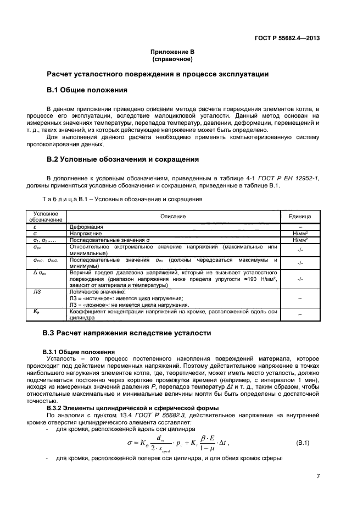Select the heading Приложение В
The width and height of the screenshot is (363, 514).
coord(174,52)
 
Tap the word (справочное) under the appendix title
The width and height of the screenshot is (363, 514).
coord(174,58)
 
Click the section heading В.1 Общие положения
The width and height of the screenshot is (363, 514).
coord(87,90)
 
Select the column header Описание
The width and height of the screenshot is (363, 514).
coord(173,217)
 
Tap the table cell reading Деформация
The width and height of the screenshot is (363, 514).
coord(87,226)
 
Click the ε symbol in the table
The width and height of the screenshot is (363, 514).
coord(35,226)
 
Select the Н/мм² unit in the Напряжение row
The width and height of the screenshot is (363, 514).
coord(299,234)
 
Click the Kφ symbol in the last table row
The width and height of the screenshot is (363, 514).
coord(37,311)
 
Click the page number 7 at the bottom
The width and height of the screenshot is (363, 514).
coord(318,476)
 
